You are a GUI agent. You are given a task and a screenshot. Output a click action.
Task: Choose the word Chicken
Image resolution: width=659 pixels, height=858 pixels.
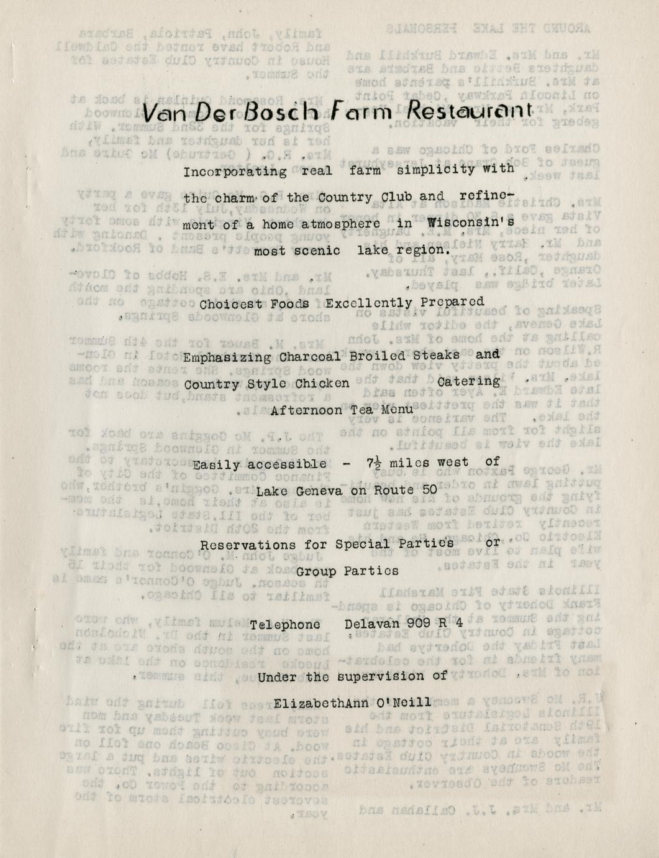[322, 383]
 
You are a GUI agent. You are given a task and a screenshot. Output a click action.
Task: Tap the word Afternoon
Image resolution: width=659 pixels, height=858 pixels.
[301, 410]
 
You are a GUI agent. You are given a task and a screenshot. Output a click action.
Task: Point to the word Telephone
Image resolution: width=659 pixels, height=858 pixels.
[285, 624]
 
